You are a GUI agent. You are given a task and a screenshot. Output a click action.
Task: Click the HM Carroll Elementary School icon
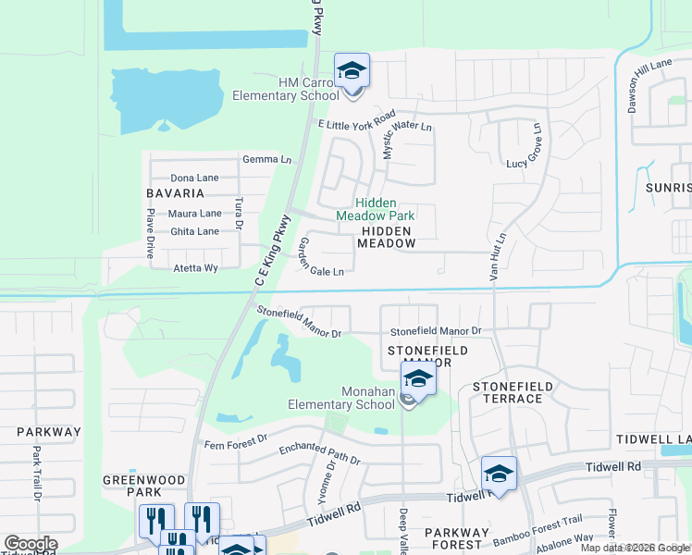coord(352,72)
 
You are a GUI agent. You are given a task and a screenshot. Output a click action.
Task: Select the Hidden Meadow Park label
coord(377,209)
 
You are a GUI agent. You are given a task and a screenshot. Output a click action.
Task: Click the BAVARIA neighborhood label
coord(175,193)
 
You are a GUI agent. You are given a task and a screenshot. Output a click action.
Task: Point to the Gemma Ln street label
coord(266,160)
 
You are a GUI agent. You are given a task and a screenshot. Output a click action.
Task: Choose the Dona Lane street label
coord(194,178)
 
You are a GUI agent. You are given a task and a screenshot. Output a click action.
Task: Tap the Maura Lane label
coord(194,214)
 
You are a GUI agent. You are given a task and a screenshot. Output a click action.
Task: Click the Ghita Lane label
coord(194,231)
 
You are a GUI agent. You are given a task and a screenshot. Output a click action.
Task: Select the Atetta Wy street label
coord(195,268)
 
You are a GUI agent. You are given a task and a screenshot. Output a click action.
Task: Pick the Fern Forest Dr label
coord(235,438)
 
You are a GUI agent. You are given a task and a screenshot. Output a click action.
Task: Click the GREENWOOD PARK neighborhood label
coord(144,487)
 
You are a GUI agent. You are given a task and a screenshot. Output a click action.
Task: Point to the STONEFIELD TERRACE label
coord(513,392)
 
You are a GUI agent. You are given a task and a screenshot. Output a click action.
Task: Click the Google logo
coord(31,544)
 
